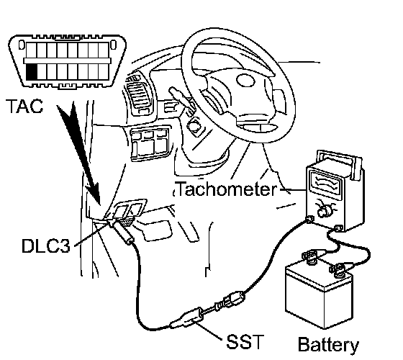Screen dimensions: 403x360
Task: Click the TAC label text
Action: point(25,106)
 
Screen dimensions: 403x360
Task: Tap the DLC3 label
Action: point(46,246)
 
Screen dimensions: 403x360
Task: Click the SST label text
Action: point(245,341)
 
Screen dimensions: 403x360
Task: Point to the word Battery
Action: point(328,345)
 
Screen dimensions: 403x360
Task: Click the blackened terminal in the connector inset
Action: point(32,72)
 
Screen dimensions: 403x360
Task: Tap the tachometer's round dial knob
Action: point(323,212)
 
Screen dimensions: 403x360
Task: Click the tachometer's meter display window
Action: point(327,183)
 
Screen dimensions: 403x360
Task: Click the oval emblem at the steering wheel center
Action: point(245,81)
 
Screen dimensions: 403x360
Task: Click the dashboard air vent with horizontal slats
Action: point(137,94)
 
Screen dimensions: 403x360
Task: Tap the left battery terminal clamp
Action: point(310,257)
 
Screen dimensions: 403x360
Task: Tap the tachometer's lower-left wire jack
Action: point(309,219)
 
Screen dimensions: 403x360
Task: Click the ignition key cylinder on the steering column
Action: point(194,125)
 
